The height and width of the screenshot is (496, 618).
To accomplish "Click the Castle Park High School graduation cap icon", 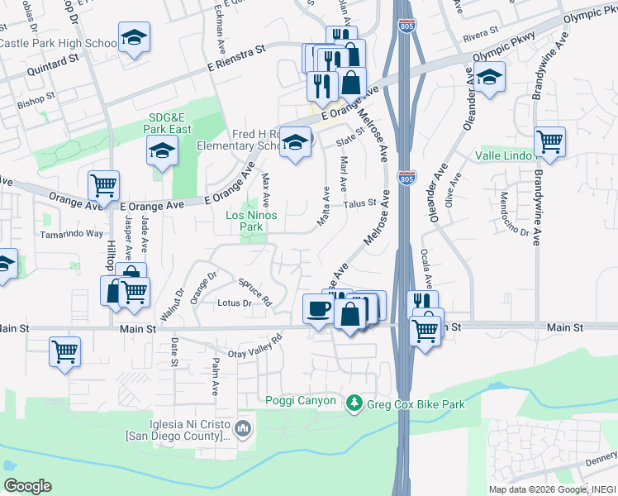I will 134,38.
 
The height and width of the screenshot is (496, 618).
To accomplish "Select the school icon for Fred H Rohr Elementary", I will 295,143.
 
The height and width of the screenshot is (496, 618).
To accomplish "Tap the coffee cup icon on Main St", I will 319,310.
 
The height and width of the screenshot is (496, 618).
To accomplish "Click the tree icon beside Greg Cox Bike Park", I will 354,402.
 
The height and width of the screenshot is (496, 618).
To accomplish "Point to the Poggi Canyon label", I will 301,402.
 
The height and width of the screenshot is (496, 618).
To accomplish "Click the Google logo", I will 27,485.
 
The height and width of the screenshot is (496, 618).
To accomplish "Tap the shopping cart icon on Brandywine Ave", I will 549,142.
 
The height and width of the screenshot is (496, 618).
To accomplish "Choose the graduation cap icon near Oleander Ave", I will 490,79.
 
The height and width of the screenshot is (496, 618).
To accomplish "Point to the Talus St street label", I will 360,203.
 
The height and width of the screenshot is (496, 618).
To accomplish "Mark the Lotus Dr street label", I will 235,303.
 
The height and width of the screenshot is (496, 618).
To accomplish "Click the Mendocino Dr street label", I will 514,214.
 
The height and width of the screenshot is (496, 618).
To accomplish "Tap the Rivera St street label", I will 481,36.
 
